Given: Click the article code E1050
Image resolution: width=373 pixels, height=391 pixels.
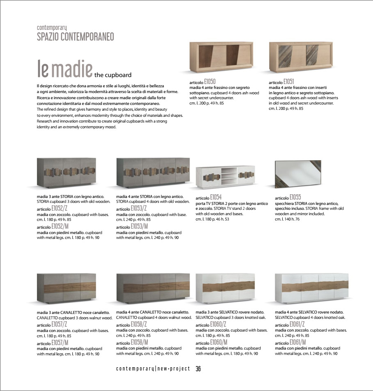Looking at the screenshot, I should [x=210, y=82].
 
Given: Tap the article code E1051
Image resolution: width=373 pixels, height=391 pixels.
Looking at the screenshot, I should [x=288, y=82].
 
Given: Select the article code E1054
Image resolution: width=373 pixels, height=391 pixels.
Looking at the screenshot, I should [x=216, y=197].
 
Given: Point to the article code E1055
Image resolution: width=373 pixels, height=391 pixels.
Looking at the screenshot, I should [x=295, y=197].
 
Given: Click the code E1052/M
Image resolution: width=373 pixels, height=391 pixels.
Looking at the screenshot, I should [x=60, y=227].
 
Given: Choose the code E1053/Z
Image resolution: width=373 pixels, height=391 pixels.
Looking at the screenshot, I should [x=139, y=209].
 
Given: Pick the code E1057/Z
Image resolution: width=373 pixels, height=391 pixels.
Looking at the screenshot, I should [x=59, y=324].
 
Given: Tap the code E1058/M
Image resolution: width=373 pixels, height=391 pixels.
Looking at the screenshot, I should [x=140, y=342].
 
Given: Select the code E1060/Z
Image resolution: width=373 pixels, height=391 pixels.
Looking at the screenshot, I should [x=218, y=324].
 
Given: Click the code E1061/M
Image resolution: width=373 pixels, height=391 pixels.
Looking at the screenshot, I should [x=298, y=342].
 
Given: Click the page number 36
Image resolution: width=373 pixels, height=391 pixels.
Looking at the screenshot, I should [x=198, y=369].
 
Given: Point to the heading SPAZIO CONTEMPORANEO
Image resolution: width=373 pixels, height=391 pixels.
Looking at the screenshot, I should [x=76, y=37].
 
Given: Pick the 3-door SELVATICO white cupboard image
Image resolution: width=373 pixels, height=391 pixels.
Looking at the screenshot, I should [x=225, y=286].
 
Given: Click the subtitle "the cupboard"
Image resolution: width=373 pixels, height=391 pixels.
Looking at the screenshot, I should [x=113, y=75].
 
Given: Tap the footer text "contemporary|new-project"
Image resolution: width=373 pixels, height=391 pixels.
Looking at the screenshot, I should [x=153, y=369].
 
